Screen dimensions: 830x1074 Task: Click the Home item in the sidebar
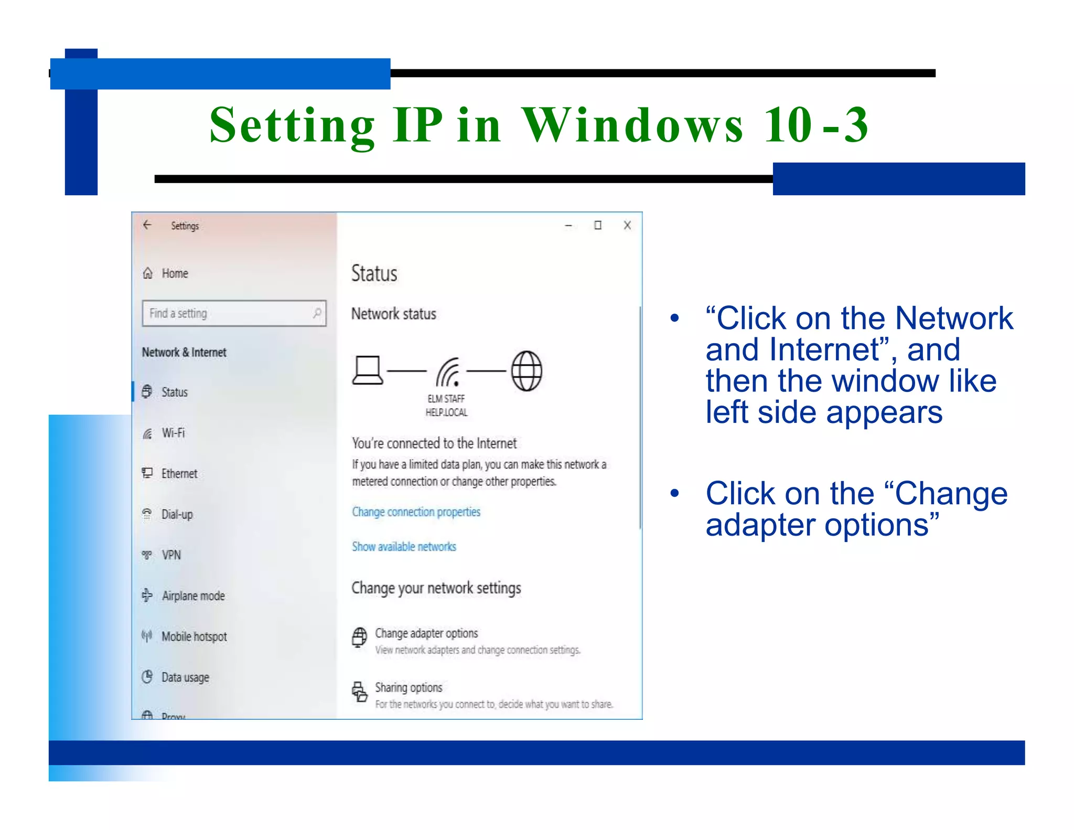[174, 273]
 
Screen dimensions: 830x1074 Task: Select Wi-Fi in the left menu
[173, 433]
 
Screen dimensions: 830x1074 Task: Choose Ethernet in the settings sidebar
[179, 473]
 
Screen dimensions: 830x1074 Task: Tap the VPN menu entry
[171, 555]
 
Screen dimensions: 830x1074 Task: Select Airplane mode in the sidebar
[192, 595]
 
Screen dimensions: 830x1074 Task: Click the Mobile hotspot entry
[194, 636]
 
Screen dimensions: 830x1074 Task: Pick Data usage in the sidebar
[185, 677]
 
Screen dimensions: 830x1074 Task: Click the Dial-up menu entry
[177, 514]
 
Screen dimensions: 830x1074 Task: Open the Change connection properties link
[416, 512]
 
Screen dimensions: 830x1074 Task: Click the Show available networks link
[404, 547]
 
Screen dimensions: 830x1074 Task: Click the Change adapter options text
[426, 633]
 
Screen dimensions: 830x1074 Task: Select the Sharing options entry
[409, 687]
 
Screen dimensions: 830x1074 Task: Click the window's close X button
[627, 225]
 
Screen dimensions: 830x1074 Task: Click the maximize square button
[597, 225]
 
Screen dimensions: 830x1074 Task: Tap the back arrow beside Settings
[147, 225]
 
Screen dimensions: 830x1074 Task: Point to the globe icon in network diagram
[527, 371]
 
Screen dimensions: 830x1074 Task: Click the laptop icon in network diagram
[368, 370]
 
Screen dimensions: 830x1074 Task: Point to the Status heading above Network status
[374, 273]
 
